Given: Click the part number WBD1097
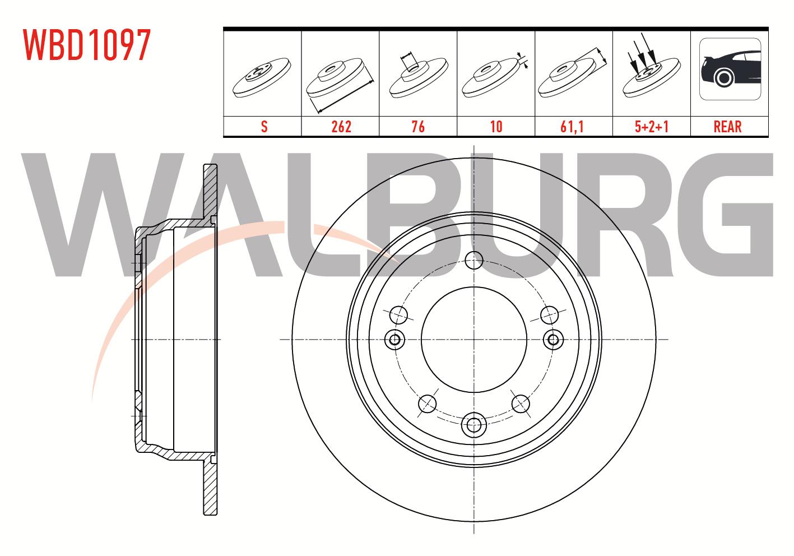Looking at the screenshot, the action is (x=87, y=45).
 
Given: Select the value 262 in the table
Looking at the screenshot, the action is (x=341, y=127).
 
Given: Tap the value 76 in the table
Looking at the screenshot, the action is (x=418, y=127).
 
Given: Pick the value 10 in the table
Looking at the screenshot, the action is (x=496, y=127).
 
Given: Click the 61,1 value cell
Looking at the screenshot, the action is (x=572, y=127).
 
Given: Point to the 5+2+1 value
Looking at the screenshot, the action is (x=652, y=127).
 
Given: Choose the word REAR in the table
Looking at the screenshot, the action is (x=728, y=127).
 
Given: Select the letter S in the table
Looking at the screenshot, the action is (x=264, y=127).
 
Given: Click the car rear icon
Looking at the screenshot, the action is (x=730, y=69).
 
